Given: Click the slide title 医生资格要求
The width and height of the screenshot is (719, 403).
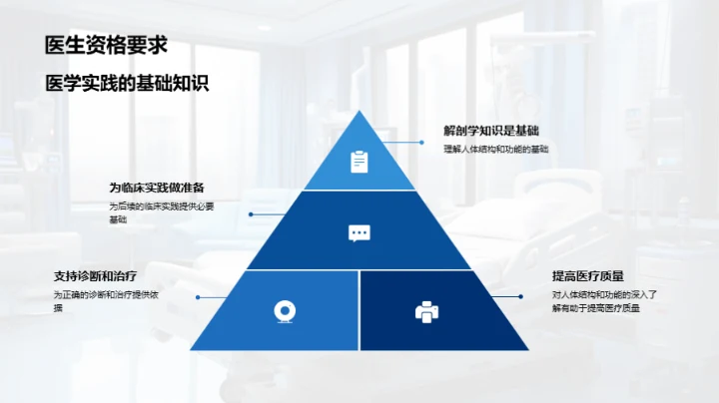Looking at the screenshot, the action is [x=107, y=45].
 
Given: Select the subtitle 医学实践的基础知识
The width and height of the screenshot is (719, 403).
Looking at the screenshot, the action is [x=127, y=83].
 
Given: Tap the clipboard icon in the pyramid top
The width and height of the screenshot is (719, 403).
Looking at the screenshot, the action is [x=359, y=162].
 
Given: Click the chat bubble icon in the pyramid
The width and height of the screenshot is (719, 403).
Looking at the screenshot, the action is [x=359, y=233].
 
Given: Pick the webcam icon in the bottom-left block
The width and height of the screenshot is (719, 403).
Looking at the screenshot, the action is [x=285, y=311].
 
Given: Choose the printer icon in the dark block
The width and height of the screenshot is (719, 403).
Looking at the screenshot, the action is [x=427, y=312].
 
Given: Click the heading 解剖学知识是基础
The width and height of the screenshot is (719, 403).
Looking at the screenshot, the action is [x=491, y=131].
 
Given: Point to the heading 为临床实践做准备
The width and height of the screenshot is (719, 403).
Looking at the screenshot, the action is [x=157, y=188].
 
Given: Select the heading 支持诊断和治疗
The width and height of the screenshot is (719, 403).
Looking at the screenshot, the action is [x=96, y=276].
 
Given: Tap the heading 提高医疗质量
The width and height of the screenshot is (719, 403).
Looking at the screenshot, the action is [x=588, y=276].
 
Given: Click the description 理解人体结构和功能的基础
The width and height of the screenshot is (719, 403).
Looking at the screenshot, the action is [x=496, y=150].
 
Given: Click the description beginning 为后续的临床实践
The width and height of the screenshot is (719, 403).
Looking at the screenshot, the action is [x=162, y=212].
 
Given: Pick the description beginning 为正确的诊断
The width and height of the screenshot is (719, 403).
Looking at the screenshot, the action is [x=106, y=301].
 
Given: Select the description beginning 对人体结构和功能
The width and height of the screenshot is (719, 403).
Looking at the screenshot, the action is [x=604, y=301].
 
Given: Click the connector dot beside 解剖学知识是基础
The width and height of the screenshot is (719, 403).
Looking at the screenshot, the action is [x=421, y=143].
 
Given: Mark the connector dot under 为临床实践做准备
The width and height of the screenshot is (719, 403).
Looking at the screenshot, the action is [x=251, y=214].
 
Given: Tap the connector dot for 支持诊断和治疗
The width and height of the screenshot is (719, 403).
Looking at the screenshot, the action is [x=198, y=297].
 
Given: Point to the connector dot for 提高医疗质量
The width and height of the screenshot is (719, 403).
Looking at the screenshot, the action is [x=521, y=296].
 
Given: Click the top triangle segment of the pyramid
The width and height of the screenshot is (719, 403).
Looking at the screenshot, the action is [x=359, y=158].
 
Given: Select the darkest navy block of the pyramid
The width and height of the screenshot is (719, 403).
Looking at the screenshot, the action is [x=435, y=310].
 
